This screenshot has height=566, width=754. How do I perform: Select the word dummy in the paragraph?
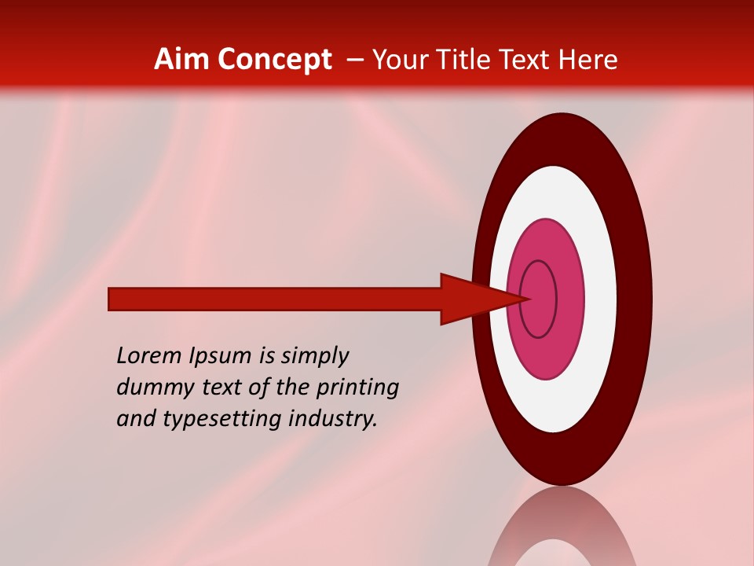(150, 388)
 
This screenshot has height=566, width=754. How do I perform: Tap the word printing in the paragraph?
(357, 388)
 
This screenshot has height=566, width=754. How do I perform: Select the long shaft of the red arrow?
(275, 299)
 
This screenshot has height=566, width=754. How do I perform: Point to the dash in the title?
(355, 60)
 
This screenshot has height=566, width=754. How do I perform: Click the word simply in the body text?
(314, 356)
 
